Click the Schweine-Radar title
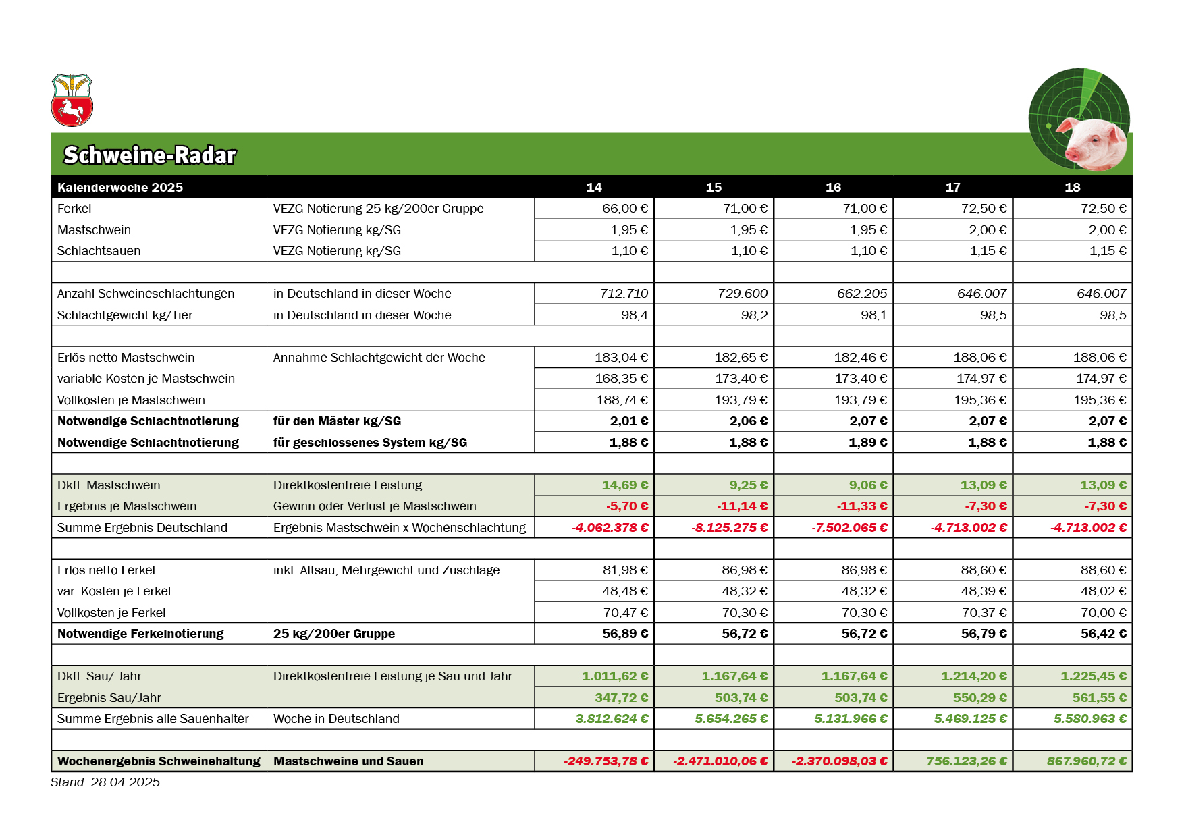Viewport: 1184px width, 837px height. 149,155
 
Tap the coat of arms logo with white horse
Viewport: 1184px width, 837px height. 72,101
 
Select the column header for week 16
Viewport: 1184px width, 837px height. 833,188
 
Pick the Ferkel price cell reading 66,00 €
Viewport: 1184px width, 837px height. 624,209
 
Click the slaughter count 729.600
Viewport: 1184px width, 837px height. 743,294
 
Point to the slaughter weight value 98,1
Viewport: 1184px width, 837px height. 873,315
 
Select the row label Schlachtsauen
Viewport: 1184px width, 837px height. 99,251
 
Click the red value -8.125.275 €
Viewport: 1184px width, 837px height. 729,528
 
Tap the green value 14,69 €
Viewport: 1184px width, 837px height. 624,485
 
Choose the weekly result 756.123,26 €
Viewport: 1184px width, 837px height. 966,761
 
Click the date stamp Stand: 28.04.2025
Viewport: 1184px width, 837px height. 105,782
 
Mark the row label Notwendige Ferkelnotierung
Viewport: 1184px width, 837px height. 140,634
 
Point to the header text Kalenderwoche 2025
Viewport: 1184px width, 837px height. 120,188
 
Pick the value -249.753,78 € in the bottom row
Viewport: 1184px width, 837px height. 606,761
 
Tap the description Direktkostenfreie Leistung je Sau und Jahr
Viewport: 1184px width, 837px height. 392,676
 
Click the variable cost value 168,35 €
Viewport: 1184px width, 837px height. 621,379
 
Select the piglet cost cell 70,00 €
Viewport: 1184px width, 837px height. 1103,613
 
